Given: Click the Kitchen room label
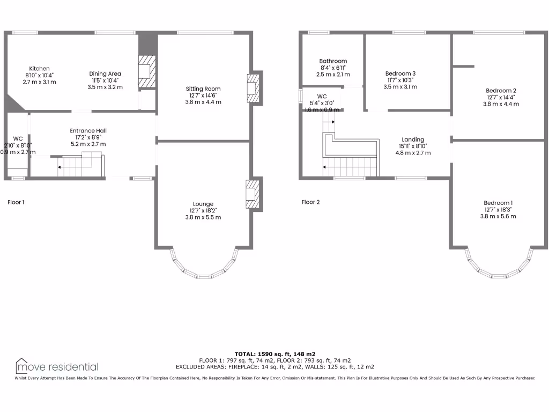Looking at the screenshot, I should [x=40, y=69].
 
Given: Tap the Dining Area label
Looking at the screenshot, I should [x=105, y=73].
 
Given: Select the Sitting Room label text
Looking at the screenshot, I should [x=203, y=89].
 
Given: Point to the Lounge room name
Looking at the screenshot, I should [x=203, y=204].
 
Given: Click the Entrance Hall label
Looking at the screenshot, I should [x=88, y=131].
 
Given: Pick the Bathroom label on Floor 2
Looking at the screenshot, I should [x=333, y=61].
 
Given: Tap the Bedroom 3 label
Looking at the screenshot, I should [x=400, y=73].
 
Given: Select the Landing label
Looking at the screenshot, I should [x=413, y=139].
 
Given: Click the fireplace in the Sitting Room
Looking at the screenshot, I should [x=252, y=87].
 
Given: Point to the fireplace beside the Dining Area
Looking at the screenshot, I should [x=146, y=71].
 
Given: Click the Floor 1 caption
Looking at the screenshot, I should [x=16, y=203].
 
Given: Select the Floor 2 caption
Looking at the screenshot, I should [x=310, y=202].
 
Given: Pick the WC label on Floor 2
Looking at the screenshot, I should [x=322, y=97].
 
